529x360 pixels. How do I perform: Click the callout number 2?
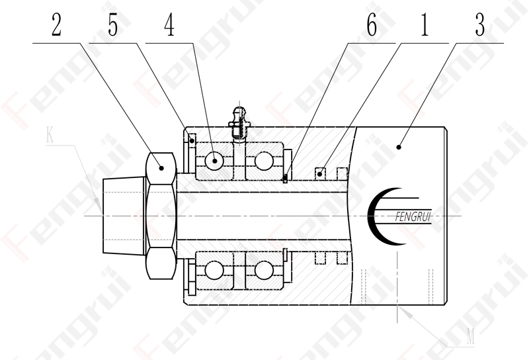pyautogui.click(x=57, y=25)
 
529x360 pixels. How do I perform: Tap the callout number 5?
pyautogui.click(x=113, y=25)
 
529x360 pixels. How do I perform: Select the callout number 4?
pyautogui.click(x=170, y=25)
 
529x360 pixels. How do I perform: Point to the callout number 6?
pyautogui.click(x=372, y=25)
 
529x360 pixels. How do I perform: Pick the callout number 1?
pyautogui.click(x=425, y=25)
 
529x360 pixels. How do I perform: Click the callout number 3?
pyautogui.click(x=480, y=25)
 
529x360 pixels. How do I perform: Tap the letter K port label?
pyautogui.click(x=50, y=135)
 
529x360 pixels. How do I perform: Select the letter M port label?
pyautogui.click(x=470, y=336)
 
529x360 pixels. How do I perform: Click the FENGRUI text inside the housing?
pyautogui.click(x=413, y=217)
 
